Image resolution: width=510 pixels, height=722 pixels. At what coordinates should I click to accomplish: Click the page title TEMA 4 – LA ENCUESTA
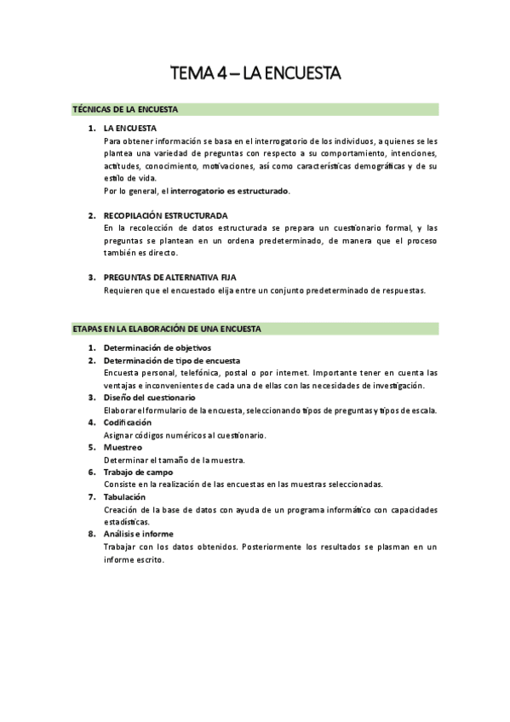(255, 74)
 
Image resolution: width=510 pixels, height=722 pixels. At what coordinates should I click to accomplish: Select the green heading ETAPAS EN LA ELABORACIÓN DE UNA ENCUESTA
(166, 329)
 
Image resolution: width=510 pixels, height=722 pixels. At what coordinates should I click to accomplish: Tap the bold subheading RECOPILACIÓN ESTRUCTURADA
(165, 215)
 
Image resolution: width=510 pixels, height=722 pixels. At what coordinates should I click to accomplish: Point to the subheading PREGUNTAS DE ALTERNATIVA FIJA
(169, 278)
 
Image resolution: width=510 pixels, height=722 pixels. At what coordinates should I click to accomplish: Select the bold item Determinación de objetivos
(158, 347)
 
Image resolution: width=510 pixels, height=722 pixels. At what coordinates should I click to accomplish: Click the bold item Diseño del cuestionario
(149, 398)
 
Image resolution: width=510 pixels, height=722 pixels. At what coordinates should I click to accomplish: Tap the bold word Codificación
(128, 422)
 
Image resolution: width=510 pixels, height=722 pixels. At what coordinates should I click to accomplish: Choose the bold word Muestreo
(123, 447)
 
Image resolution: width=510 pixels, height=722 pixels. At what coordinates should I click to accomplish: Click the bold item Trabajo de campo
(138, 472)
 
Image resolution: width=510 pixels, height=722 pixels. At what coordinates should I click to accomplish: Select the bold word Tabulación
(124, 496)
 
